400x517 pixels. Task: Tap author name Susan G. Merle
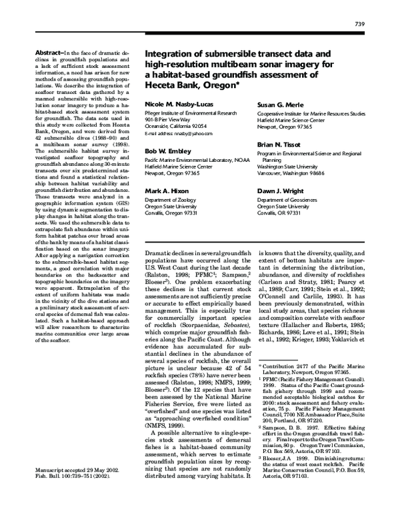(281, 105)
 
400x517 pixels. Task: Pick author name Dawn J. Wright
(281, 191)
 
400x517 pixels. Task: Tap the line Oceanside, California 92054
(177, 125)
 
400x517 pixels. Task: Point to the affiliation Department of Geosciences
(291, 199)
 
